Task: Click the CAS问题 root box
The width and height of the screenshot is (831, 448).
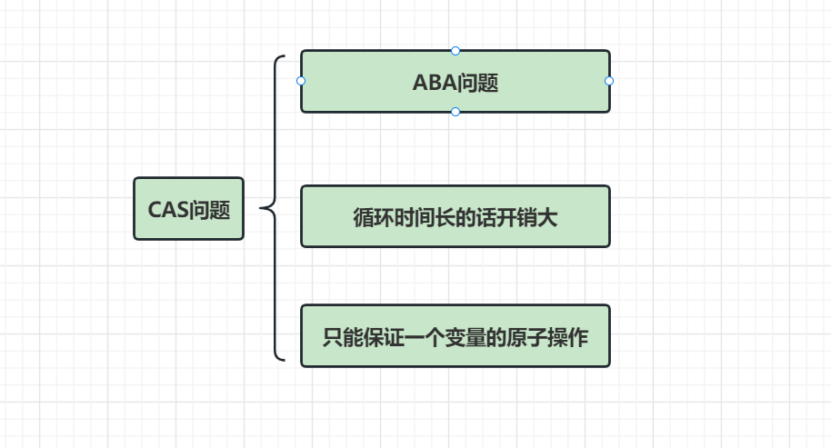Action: click(188, 209)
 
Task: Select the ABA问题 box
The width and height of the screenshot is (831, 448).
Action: click(455, 81)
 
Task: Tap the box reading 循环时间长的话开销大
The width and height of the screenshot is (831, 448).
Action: click(455, 216)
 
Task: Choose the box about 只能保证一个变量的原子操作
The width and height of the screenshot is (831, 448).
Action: click(455, 335)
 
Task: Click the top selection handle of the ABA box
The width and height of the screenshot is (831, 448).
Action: click(456, 51)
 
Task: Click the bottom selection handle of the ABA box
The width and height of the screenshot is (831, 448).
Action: click(456, 112)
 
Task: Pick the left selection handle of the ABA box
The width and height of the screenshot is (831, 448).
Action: click(301, 81)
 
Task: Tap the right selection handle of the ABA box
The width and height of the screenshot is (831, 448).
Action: click(609, 81)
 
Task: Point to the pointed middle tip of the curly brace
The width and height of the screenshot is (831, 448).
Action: click(261, 208)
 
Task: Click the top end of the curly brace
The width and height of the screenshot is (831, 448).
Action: click(283, 57)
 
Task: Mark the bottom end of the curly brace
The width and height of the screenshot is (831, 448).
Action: click(283, 360)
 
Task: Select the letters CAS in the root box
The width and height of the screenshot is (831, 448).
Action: click(167, 210)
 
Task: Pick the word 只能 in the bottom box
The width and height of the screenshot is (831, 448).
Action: click(343, 337)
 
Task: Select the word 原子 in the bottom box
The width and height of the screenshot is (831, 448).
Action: click(526, 337)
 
